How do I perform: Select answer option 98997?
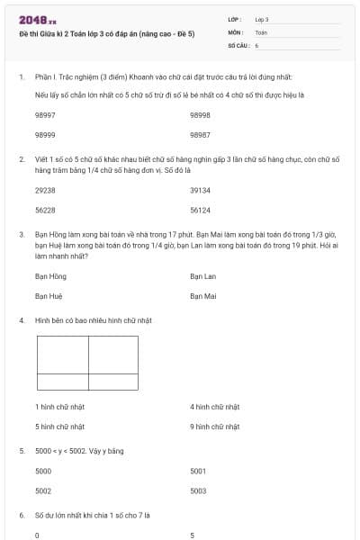pyautogui.click(x=45, y=115)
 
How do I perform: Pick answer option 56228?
pyautogui.click(x=45, y=210)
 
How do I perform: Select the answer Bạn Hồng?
pyautogui.click(x=50, y=276)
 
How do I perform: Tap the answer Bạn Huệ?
pyautogui.click(x=49, y=295)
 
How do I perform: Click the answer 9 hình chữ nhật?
pyautogui.click(x=214, y=426)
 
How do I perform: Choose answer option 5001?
pyautogui.click(x=199, y=471)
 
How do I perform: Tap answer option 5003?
pyautogui.click(x=199, y=490)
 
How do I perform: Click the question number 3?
pyautogui.click(x=21, y=233)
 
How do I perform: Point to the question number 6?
pyautogui.click(x=21, y=515)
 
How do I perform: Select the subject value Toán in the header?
pyautogui.click(x=261, y=31)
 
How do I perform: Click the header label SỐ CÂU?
pyautogui.click(x=238, y=44)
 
